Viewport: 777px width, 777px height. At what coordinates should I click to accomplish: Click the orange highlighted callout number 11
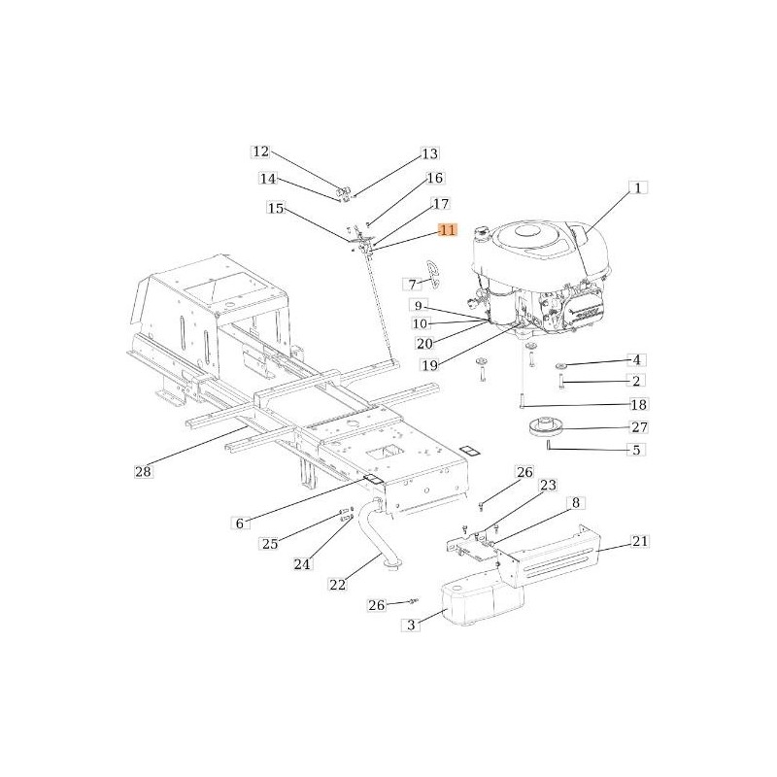click(x=447, y=230)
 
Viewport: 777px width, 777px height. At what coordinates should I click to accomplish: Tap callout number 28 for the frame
click(x=144, y=472)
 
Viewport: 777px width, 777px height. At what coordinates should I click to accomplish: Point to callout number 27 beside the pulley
click(x=638, y=427)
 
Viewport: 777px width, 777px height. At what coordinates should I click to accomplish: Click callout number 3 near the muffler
click(x=411, y=625)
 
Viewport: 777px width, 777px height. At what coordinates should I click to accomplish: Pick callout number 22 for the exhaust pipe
click(x=338, y=584)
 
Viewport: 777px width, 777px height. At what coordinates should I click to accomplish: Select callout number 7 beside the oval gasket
click(x=412, y=285)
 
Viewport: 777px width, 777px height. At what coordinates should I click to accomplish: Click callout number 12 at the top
click(x=260, y=152)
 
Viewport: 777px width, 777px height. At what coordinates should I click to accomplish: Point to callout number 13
click(x=428, y=154)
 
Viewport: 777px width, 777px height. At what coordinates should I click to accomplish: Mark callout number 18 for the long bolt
click(x=638, y=404)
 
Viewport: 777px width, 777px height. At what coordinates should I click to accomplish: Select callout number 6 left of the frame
click(x=239, y=524)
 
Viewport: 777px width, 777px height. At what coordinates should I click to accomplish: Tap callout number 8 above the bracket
click(x=575, y=503)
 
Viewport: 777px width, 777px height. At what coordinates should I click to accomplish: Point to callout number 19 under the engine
click(x=429, y=365)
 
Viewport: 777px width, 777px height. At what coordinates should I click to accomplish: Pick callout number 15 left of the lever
click(x=276, y=209)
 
